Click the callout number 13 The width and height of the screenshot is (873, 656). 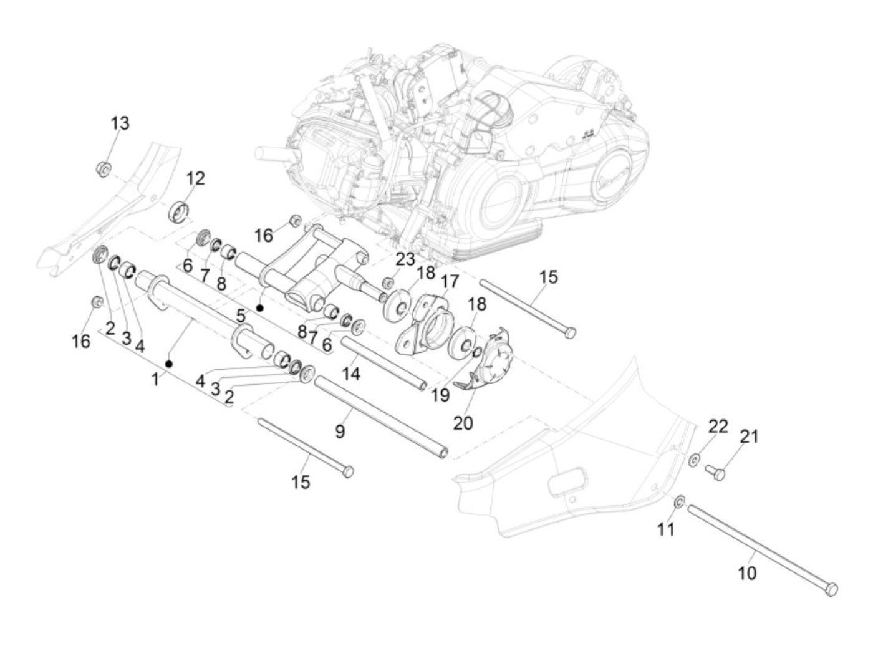120,123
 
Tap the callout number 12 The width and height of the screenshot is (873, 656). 195,179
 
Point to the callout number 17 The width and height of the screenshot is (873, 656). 450,281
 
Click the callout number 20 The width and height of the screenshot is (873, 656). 463,422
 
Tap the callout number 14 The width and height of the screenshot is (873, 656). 351,374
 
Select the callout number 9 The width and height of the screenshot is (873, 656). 340,431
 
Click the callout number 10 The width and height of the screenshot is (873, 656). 747,572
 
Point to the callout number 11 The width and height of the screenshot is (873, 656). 667,529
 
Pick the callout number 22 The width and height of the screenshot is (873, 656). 718,427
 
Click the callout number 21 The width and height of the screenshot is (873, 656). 749,437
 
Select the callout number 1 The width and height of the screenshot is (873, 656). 155,379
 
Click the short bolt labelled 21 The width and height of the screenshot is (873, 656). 716,473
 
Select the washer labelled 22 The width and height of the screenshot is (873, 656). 694,461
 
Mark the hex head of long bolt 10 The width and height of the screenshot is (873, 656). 831,589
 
